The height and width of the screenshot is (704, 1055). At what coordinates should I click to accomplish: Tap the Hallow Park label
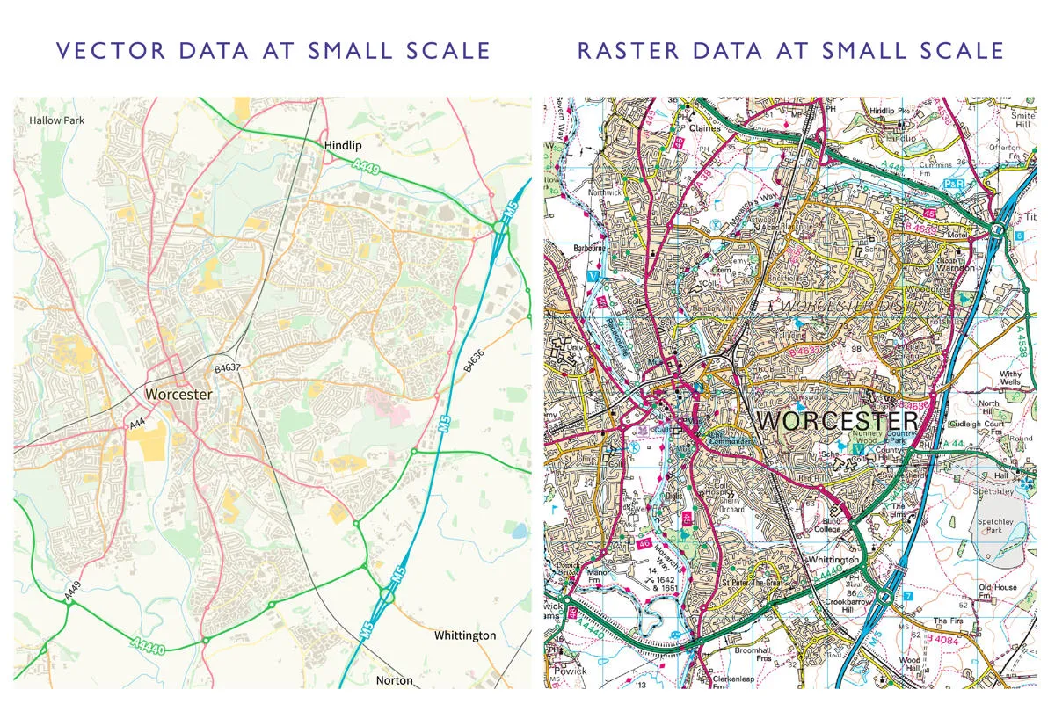(57, 120)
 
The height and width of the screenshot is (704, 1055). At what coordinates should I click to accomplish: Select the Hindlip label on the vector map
(343, 144)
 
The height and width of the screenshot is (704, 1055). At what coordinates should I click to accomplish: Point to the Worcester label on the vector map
(178, 395)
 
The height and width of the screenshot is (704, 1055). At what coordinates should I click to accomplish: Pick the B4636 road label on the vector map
(475, 362)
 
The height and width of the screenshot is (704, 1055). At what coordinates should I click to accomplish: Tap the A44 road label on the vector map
(137, 425)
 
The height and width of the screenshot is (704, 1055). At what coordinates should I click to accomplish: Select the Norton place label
(394, 680)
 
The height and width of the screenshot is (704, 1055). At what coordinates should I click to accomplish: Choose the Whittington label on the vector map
(465, 635)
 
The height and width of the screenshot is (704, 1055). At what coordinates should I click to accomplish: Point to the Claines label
(704, 127)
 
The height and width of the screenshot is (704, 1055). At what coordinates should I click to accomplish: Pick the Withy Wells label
(1011, 378)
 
